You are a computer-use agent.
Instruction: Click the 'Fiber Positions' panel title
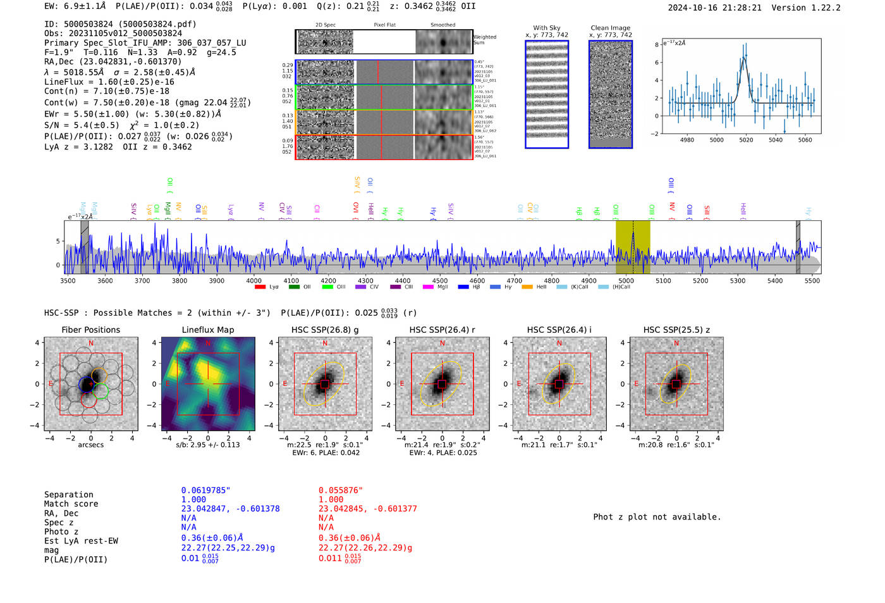[90, 330]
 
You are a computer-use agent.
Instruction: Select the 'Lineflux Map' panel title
[207, 330]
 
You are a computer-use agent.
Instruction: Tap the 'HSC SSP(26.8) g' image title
[325, 330]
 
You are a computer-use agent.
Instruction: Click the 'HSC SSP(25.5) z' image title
[676, 330]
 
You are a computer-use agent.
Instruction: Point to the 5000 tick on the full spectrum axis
[626, 280]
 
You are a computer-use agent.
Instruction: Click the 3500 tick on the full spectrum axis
[68, 280]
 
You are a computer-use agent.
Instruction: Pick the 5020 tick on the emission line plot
[746, 140]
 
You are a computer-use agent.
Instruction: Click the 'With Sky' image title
[547, 28]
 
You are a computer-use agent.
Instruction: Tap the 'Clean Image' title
[611, 28]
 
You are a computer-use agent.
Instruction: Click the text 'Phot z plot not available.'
[657, 517]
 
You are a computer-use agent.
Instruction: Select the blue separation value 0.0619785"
[205, 490]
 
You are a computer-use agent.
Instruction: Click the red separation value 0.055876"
[341, 490]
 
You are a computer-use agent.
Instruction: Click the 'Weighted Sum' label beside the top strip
[485, 39]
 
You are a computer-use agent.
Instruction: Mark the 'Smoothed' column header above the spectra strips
[442, 25]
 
